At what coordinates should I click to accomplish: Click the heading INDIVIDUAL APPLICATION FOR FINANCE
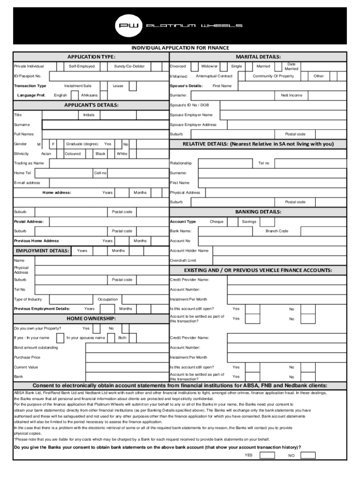(x=180, y=48)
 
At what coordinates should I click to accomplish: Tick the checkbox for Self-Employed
(x=103, y=66)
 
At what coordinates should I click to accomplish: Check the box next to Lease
(x=133, y=86)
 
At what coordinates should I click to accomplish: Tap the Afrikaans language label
(x=89, y=95)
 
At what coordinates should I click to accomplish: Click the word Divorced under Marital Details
(x=178, y=66)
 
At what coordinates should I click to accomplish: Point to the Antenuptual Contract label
(x=214, y=76)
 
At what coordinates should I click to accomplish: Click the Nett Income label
(x=291, y=95)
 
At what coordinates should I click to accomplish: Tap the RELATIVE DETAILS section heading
(x=258, y=144)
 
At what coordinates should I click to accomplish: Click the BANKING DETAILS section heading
(x=258, y=212)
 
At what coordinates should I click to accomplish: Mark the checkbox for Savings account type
(x=267, y=222)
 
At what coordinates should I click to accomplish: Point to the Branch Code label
(x=277, y=231)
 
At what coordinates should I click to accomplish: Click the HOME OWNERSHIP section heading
(x=91, y=319)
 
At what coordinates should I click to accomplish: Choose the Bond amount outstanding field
(x=126, y=348)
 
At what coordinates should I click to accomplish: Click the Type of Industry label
(x=28, y=299)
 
